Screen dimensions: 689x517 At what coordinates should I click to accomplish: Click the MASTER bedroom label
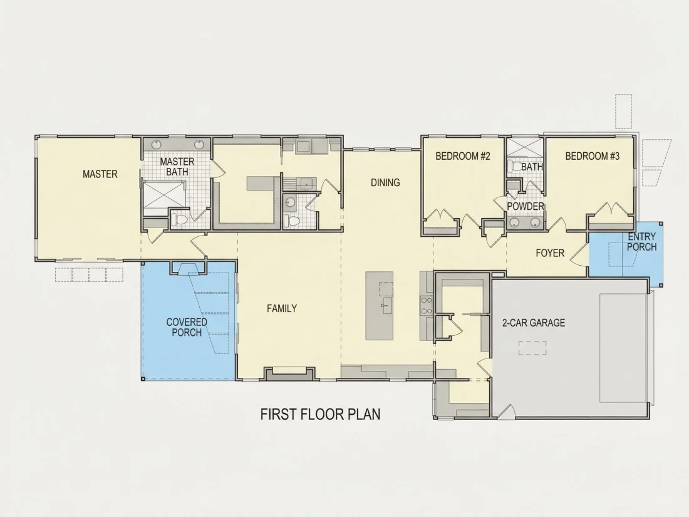[100, 174]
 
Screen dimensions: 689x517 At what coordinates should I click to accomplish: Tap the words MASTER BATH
[177, 167]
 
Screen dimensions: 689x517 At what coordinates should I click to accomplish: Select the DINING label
[385, 182]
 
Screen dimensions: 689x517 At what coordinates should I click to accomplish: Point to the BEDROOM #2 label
[463, 156]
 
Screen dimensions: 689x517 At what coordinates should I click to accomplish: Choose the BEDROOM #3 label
[593, 156]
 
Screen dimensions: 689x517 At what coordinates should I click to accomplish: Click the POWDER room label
[526, 206]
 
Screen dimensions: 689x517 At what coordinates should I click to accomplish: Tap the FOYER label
[550, 253]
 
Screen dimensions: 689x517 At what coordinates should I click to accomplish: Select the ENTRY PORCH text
[642, 242]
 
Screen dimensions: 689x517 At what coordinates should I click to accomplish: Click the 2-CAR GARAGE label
[534, 323]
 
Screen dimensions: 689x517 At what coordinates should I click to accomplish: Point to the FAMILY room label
[282, 308]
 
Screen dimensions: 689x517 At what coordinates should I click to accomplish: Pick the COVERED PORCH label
[187, 327]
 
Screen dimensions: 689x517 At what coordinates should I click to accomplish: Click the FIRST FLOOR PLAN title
[320, 414]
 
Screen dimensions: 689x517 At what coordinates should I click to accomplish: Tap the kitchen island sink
[386, 306]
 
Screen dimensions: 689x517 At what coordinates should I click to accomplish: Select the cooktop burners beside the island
[426, 306]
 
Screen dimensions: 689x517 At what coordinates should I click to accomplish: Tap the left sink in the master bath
[157, 144]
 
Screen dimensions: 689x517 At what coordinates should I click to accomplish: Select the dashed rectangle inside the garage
[532, 348]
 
